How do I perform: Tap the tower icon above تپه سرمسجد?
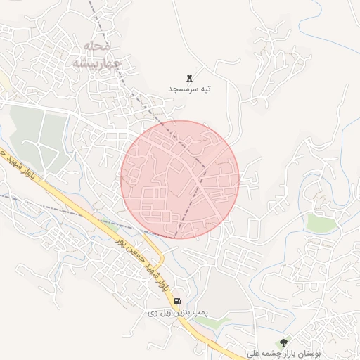point(190,78)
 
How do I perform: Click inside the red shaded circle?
point(180,179)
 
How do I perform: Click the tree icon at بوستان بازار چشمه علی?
point(283,342)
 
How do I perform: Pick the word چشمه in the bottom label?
point(266,354)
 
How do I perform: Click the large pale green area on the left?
point(39,134)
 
